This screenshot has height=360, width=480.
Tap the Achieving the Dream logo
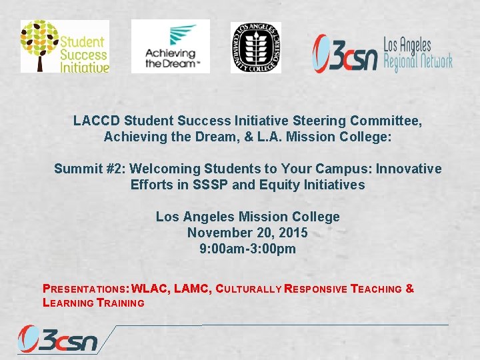click(x=170, y=46)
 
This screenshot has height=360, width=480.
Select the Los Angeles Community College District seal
click(x=255, y=47)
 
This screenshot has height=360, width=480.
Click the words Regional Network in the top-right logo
click(x=418, y=61)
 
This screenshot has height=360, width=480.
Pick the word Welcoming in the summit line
click(x=153, y=169)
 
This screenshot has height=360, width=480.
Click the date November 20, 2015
click(x=247, y=233)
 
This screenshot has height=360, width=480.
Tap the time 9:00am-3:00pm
click(x=247, y=249)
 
